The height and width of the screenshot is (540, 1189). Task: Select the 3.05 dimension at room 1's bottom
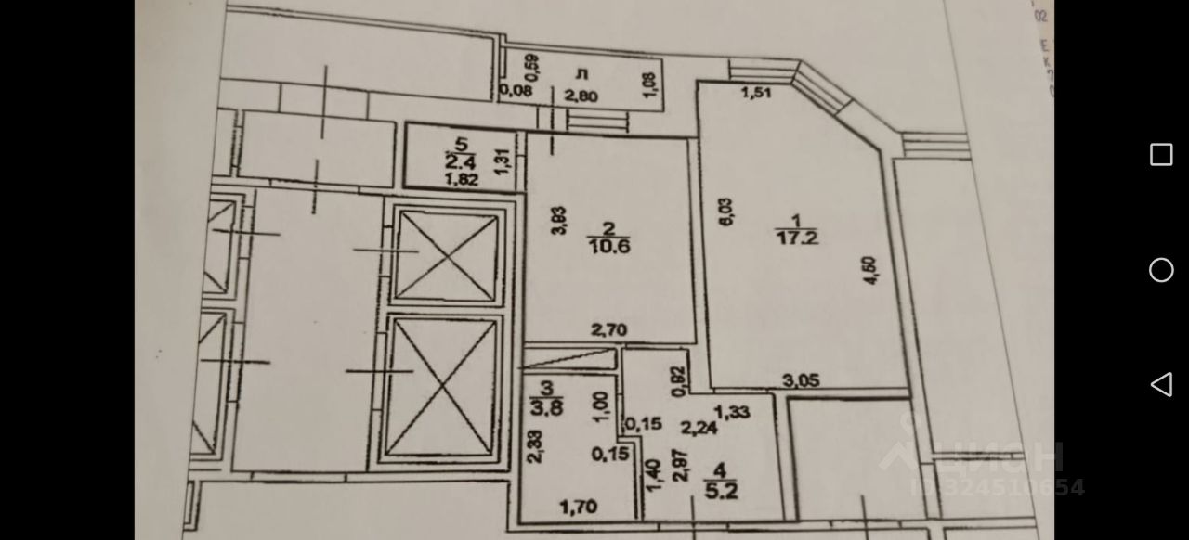(x=802, y=379)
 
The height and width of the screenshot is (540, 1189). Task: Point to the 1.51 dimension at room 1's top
(x=757, y=92)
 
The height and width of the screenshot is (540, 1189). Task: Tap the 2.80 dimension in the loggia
(x=581, y=94)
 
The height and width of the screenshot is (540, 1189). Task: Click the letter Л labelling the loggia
(x=581, y=72)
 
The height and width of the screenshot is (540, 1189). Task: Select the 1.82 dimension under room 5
(x=461, y=180)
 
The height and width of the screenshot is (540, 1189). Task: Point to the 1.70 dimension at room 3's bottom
(x=576, y=507)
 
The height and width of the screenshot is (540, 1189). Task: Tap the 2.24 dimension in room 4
(x=698, y=428)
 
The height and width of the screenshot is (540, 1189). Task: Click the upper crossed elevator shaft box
(x=448, y=253)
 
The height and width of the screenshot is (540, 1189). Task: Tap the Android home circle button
(x=1161, y=270)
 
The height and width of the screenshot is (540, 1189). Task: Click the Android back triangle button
(x=1161, y=384)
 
